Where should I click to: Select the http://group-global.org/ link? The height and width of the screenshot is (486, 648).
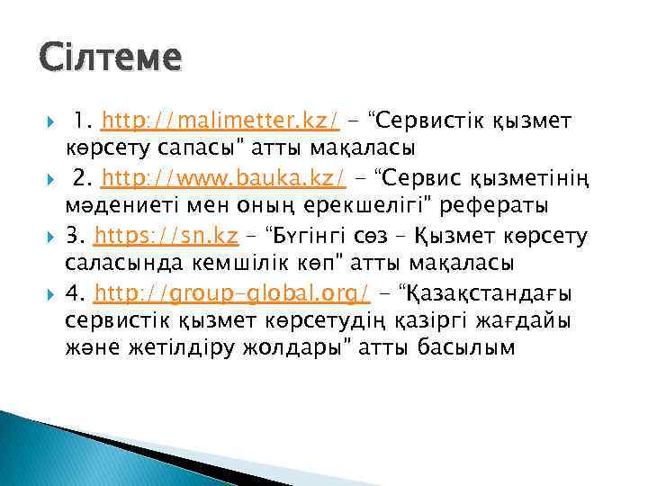pyautogui.click(x=232, y=294)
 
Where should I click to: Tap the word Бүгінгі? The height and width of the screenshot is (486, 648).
pyautogui.click(x=315, y=237)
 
